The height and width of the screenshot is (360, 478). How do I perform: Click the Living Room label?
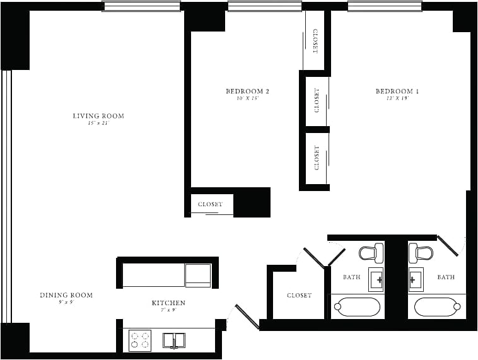click(x=98, y=116)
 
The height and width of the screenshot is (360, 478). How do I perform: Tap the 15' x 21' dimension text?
click(x=98, y=124)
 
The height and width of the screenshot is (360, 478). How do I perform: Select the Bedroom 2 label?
click(x=247, y=91)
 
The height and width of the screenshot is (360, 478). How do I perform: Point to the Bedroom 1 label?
click(x=397, y=91)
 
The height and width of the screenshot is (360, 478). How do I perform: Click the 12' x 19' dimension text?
click(x=397, y=99)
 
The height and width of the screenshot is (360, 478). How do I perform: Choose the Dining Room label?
click(x=66, y=295)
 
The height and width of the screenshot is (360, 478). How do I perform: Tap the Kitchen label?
click(x=168, y=303)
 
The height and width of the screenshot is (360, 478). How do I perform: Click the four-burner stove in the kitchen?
click(x=140, y=340)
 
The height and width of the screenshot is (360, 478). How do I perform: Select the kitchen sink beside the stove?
click(x=174, y=340)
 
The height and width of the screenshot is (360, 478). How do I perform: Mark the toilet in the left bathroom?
click(x=371, y=253)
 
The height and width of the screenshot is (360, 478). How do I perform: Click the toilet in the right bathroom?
click(x=421, y=253)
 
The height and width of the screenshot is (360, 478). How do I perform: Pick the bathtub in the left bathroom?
click(x=357, y=306)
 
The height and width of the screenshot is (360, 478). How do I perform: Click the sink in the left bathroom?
click(x=376, y=279)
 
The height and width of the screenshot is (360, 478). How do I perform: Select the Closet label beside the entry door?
click(x=299, y=295)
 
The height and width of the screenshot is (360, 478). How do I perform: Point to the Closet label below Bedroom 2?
click(x=210, y=204)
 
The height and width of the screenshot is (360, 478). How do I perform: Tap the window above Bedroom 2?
click(x=264, y=6)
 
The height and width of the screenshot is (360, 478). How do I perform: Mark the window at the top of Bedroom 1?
click(x=385, y=6)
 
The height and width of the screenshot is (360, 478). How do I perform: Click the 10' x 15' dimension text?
click(x=247, y=99)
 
